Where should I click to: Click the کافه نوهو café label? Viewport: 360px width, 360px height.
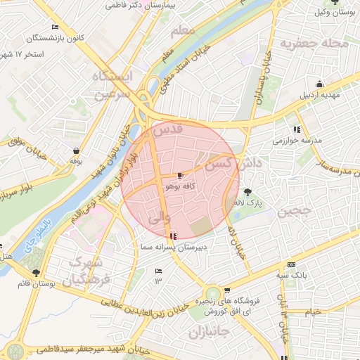(x=181, y=187)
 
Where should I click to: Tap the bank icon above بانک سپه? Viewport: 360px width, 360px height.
(x=291, y=264)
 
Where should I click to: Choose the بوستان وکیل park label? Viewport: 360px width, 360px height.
(x=333, y=13)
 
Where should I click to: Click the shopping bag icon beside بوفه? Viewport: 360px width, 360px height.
(x=75, y=150)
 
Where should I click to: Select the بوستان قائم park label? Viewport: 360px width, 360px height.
(x=36, y=284)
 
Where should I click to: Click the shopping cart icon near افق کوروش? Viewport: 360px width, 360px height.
(x=227, y=290)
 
